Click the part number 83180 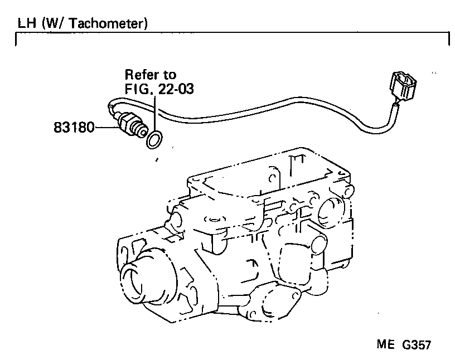[x=74, y=128]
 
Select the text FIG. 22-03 [x=159, y=89]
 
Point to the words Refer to [x=150, y=75]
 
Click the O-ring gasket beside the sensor [x=155, y=140]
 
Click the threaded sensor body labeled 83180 [x=132, y=124]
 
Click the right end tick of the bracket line [x=449, y=40]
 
